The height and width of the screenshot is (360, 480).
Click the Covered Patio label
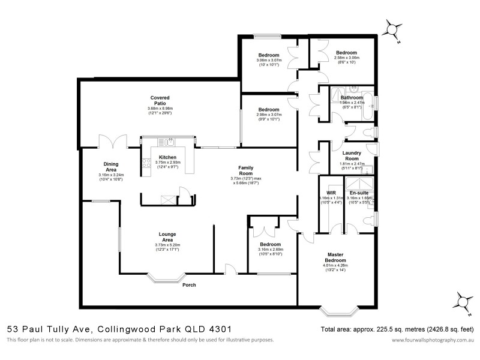(x=160, y=100)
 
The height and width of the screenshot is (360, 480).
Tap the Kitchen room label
(x=167, y=157)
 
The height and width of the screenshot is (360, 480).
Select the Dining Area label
(x=110, y=166)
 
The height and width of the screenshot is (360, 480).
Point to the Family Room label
(x=245, y=170)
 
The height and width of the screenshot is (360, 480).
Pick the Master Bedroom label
(x=335, y=257)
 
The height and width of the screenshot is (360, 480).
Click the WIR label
(x=331, y=193)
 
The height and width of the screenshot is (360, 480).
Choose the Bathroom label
(x=352, y=97)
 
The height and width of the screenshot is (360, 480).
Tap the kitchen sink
(x=170, y=142)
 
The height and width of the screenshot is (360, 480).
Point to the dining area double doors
(x=113, y=142)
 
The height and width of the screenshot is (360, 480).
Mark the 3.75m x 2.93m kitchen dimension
(x=167, y=162)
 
